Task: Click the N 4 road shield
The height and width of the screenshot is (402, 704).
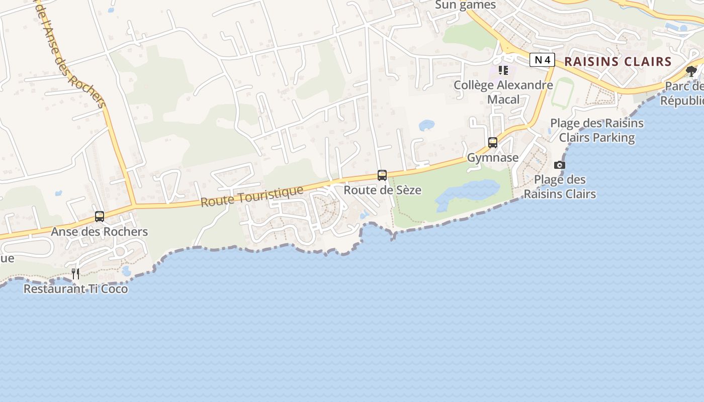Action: point(542,60)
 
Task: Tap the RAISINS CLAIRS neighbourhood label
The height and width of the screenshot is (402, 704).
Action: point(618,62)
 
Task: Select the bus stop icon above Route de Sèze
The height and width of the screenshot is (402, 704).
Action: point(382,175)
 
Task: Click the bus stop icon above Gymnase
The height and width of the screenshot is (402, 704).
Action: point(493,143)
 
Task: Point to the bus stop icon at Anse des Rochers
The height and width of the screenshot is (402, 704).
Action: point(100,217)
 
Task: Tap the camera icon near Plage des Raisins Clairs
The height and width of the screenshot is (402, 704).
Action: point(559,165)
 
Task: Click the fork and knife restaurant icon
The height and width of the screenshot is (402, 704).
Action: point(75,273)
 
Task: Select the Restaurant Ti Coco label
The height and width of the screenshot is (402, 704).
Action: point(75,289)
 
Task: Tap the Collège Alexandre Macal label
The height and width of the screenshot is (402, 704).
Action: point(503,92)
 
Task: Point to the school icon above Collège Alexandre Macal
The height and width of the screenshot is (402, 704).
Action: point(503,70)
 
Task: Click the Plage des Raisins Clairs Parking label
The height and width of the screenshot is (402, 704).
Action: point(597,130)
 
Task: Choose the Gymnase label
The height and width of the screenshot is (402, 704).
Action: point(493,158)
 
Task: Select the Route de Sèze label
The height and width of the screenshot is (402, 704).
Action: point(382,190)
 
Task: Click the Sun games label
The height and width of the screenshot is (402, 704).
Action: point(465,5)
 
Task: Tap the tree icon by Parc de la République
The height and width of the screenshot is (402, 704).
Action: point(691,71)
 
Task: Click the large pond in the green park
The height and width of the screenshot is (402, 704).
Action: point(468,193)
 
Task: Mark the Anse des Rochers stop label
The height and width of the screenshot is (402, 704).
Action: point(100,232)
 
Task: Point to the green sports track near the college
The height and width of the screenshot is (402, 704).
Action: point(562,92)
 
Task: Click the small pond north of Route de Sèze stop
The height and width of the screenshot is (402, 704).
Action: point(426,125)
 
